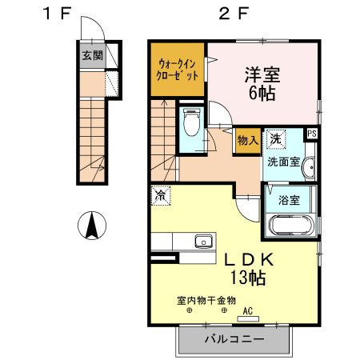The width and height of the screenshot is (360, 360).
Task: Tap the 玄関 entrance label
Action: pos(92,56)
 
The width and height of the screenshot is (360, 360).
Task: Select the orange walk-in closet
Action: pos(178,69)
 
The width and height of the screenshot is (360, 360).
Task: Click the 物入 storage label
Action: pos(247,140)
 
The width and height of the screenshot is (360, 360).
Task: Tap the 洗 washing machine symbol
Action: pos(275,138)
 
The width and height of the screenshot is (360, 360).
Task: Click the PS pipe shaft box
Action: pos(312,134)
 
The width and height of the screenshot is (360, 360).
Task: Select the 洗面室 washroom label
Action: pos(285,161)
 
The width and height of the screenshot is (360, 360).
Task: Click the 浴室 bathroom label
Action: pos(289,200)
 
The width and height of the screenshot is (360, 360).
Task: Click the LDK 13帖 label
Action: pos(249,269)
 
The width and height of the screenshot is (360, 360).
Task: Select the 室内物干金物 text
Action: pos(206,301)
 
